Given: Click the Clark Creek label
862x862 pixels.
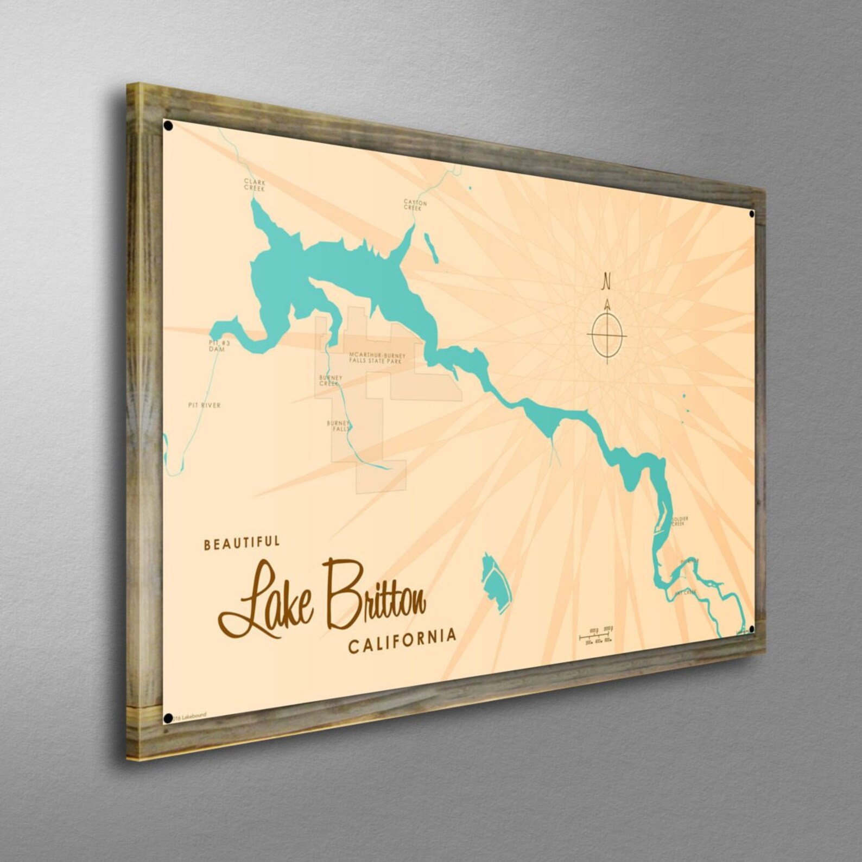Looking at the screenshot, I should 254,185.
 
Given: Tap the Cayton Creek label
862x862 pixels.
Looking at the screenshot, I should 415,205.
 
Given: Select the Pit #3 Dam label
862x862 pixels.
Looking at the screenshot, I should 217,346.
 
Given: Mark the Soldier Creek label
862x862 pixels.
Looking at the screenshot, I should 680,521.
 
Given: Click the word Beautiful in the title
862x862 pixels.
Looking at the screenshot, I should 242,542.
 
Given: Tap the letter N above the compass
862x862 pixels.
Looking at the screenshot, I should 606,282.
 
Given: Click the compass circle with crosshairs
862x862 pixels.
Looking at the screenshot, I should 607,335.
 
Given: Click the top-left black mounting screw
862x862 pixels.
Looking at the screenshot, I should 168,126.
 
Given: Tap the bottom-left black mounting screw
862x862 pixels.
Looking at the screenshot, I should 168,718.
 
